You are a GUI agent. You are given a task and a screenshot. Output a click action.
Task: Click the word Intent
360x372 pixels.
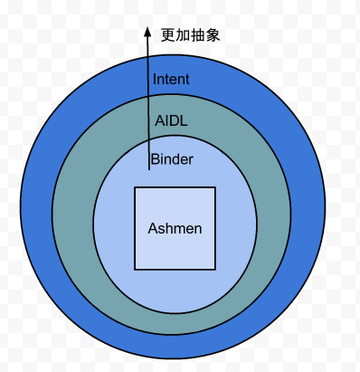tap(171, 79)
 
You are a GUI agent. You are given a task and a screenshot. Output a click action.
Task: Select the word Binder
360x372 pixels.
tap(172, 159)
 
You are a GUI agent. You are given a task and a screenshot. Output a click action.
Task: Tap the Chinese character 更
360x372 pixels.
tap(168, 35)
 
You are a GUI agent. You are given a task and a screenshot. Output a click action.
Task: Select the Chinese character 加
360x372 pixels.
tap(184, 35)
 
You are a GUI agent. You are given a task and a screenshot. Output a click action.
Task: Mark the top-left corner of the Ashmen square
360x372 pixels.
tap(135, 187)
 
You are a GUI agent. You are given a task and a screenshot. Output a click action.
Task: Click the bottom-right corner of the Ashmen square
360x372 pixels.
tap(215, 269)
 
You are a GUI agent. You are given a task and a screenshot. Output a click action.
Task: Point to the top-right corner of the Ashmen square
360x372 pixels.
tap(215, 187)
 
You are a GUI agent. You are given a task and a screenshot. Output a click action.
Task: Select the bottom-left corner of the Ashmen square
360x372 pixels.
tap(135, 269)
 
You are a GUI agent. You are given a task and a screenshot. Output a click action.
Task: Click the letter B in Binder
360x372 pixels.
tap(155, 159)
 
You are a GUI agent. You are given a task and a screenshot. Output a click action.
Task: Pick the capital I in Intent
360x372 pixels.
tap(156, 79)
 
